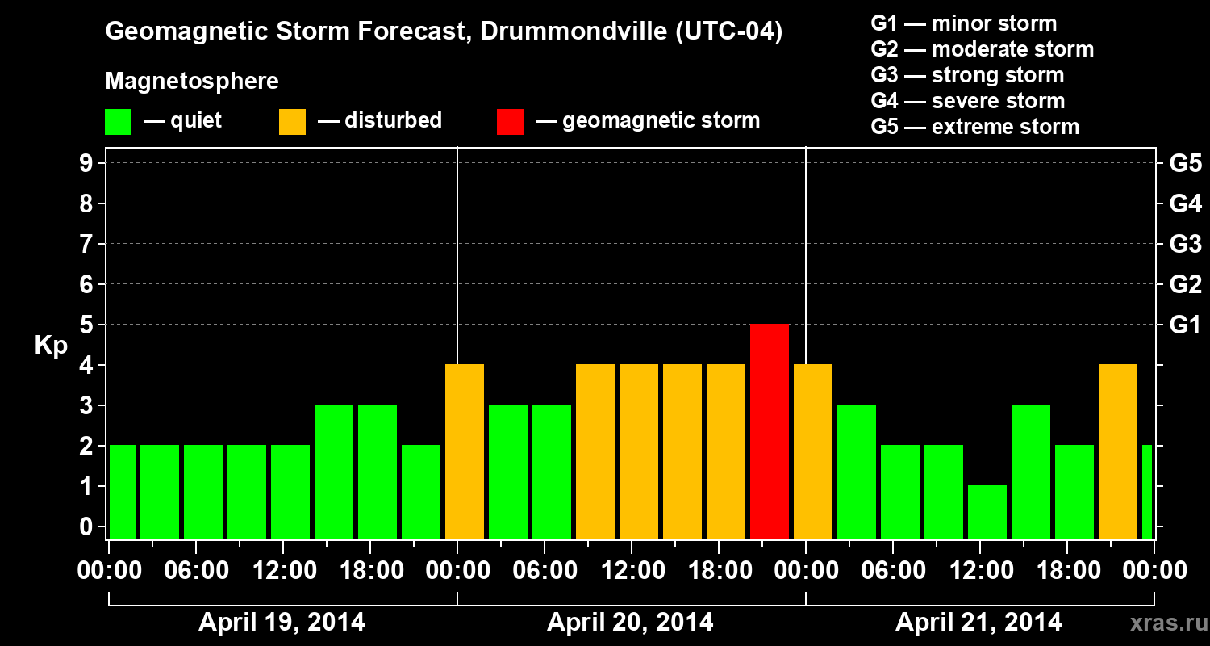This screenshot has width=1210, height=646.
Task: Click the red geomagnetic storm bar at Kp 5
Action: [770, 431]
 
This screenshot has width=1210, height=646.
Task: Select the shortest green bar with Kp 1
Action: [987, 512]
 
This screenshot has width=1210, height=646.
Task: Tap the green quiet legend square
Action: [118, 121]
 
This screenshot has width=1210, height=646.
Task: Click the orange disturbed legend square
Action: [292, 121]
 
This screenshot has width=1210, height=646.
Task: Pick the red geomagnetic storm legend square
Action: [510, 121]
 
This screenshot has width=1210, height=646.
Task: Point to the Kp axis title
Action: [51, 346]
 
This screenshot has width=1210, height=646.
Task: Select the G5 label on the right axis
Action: [1185, 164]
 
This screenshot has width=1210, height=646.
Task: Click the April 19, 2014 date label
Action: [282, 623]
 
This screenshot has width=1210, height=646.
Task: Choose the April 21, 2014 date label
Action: [978, 623]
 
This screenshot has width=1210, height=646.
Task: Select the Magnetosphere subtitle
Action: [192, 82]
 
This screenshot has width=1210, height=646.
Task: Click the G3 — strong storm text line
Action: [967, 75]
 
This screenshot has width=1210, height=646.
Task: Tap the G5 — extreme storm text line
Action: [974, 127]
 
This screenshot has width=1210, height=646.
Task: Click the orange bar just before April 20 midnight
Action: [465, 451]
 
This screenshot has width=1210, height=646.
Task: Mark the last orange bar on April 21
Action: [1118, 451]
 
